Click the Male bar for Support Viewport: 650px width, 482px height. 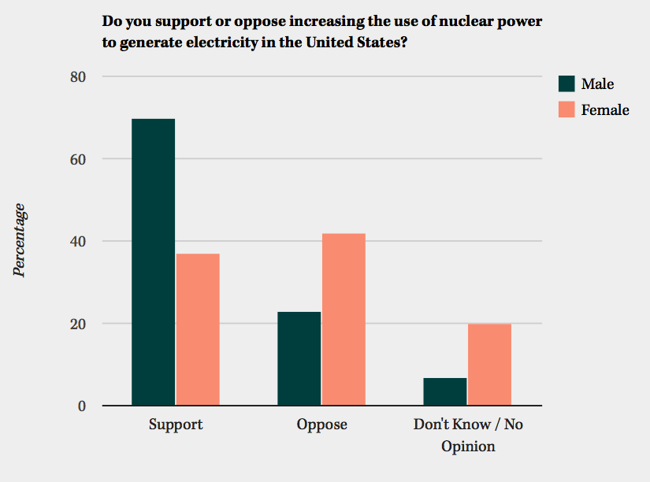[x=154, y=262]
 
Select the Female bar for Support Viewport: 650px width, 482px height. [x=198, y=329]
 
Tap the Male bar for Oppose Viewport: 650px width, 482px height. [x=299, y=358]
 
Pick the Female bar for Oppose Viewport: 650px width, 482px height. [x=344, y=320]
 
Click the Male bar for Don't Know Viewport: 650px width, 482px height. [x=445, y=391]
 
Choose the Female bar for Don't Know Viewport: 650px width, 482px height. [x=489, y=365]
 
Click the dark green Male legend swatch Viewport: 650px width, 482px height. [x=566, y=84]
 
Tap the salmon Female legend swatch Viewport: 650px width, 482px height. [x=566, y=109]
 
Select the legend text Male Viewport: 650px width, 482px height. [x=597, y=84]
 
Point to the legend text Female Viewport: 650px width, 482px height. [x=605, y=109]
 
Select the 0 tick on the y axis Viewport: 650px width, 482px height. [x=80, y=406]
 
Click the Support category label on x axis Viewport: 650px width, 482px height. [x=176, y=425]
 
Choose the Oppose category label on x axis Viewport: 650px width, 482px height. [x=321, y=425]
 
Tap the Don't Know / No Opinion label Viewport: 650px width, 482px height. [x=468, y=435]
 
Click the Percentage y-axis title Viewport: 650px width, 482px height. [x=19, y=240]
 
